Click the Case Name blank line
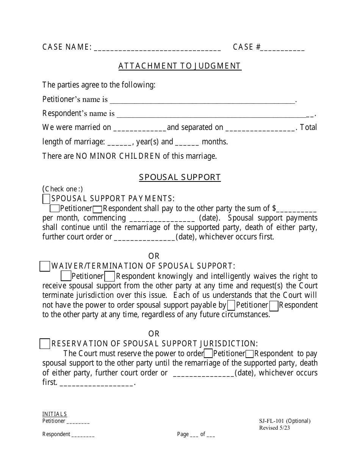pyautogui.click(x=157, y=48)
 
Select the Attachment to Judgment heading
pyautogui.click(x=180, y=66)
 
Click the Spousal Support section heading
pyautogui.click(x=180, y=177)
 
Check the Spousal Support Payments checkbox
pyautogui.click(x=46, y=199)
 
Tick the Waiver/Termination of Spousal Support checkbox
pyautogui.click(x=45, y=266)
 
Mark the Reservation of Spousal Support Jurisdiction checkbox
pyautogui.click(x=45, y=344)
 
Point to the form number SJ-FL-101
pyautogui.click(x=271, y=421)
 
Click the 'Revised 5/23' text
pyautogui.click(x=275, y=428)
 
